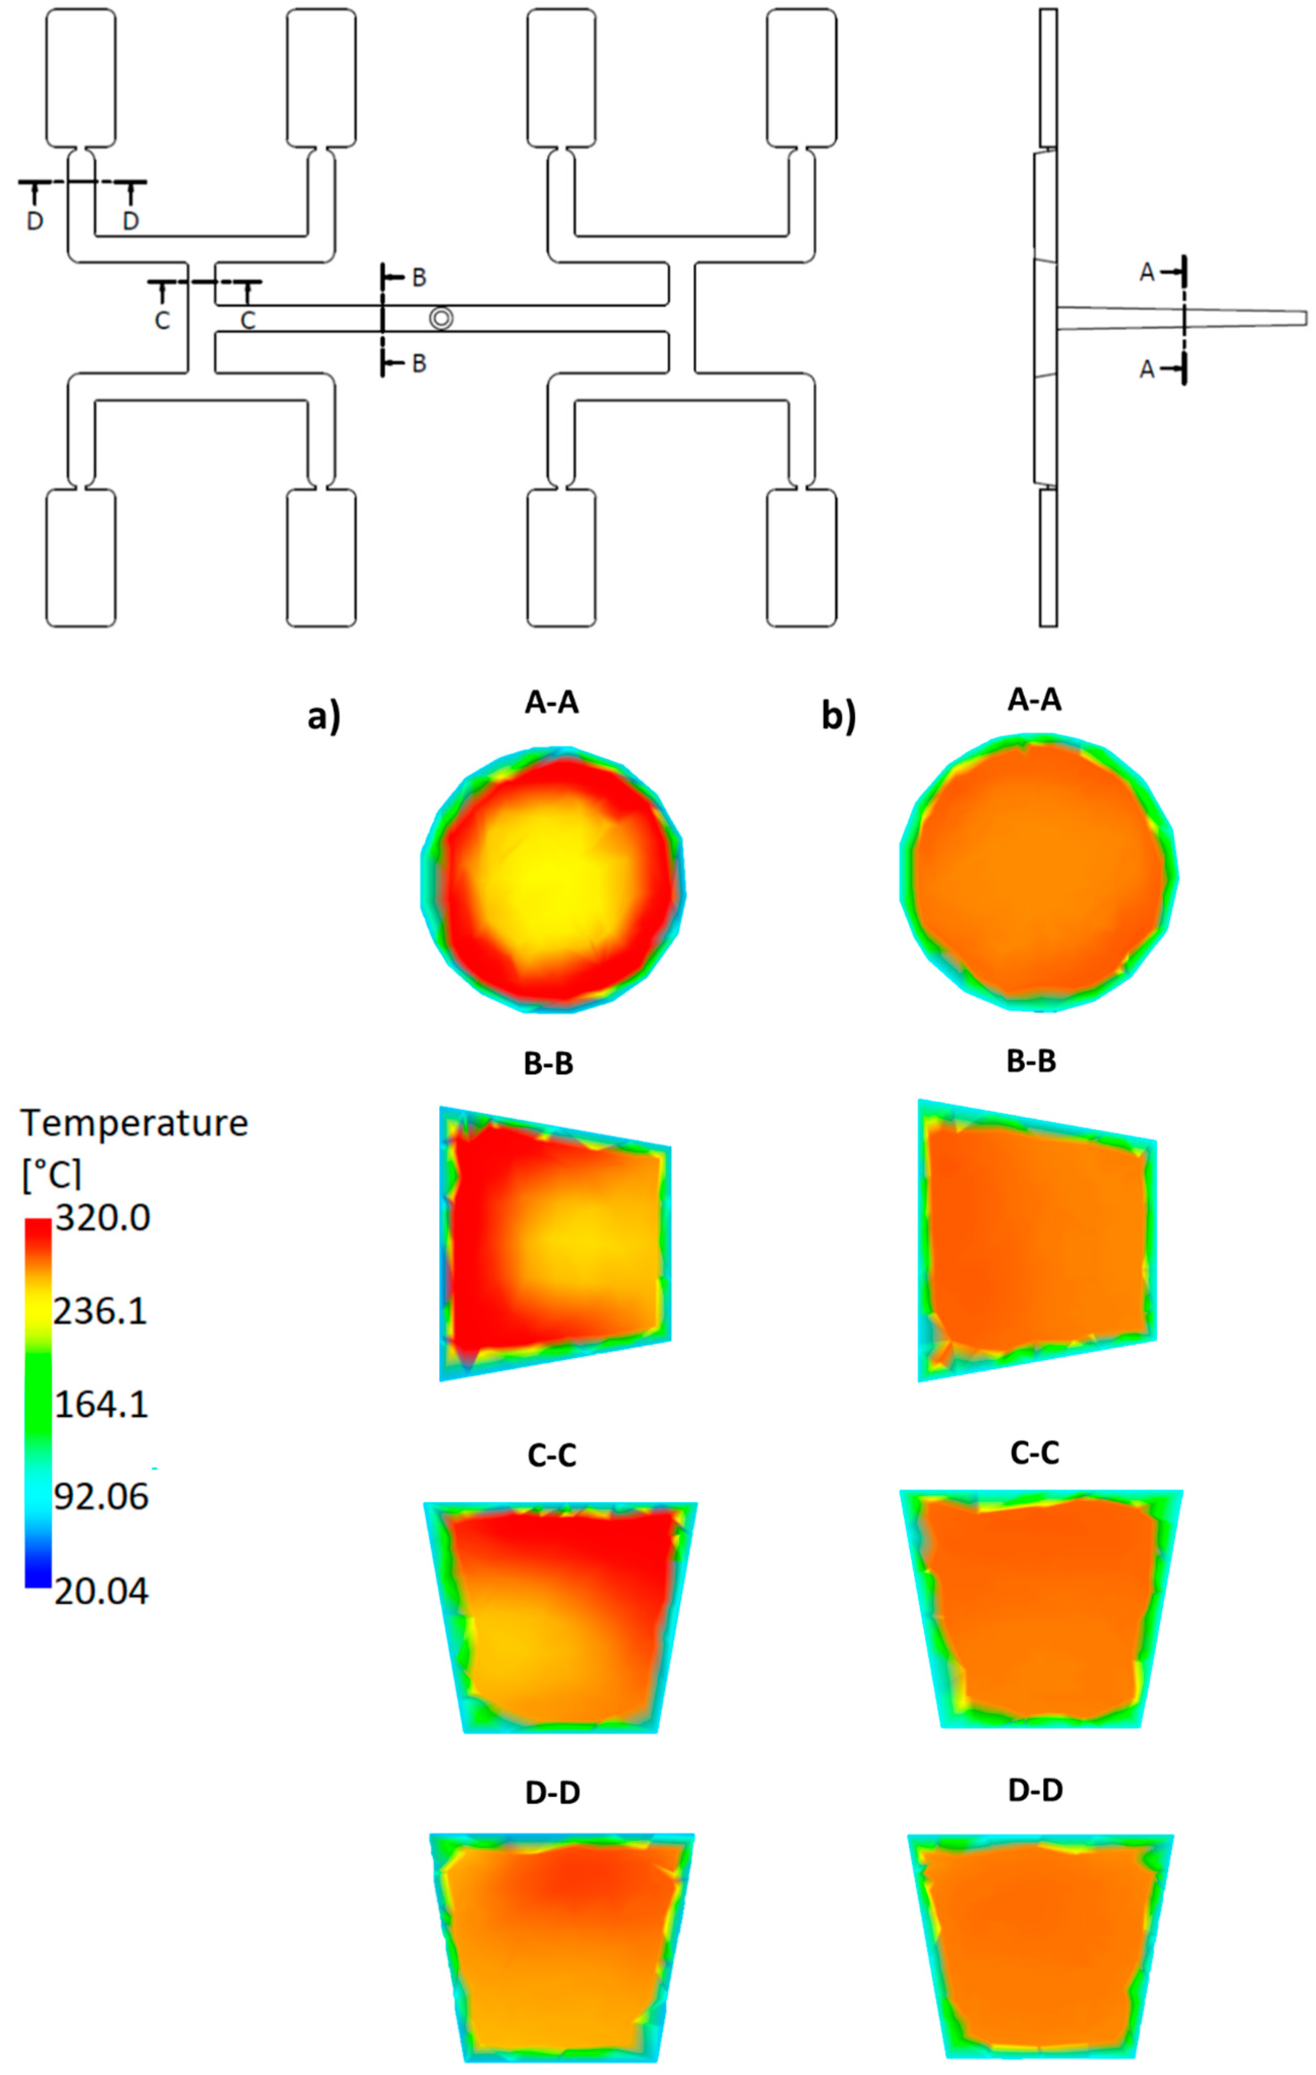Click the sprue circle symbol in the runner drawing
pos(441,318)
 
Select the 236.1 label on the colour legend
pos(101,1312)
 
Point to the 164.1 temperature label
pos(101,1405)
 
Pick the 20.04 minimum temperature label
pos(101,1591)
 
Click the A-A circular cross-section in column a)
pos(552,879)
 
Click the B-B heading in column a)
pos(549,1064)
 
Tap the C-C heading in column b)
pos(1034,1453)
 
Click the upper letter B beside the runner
pos(419,277)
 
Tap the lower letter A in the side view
pos(1146,369)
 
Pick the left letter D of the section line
pos(35,222)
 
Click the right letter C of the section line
pos(247,321)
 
